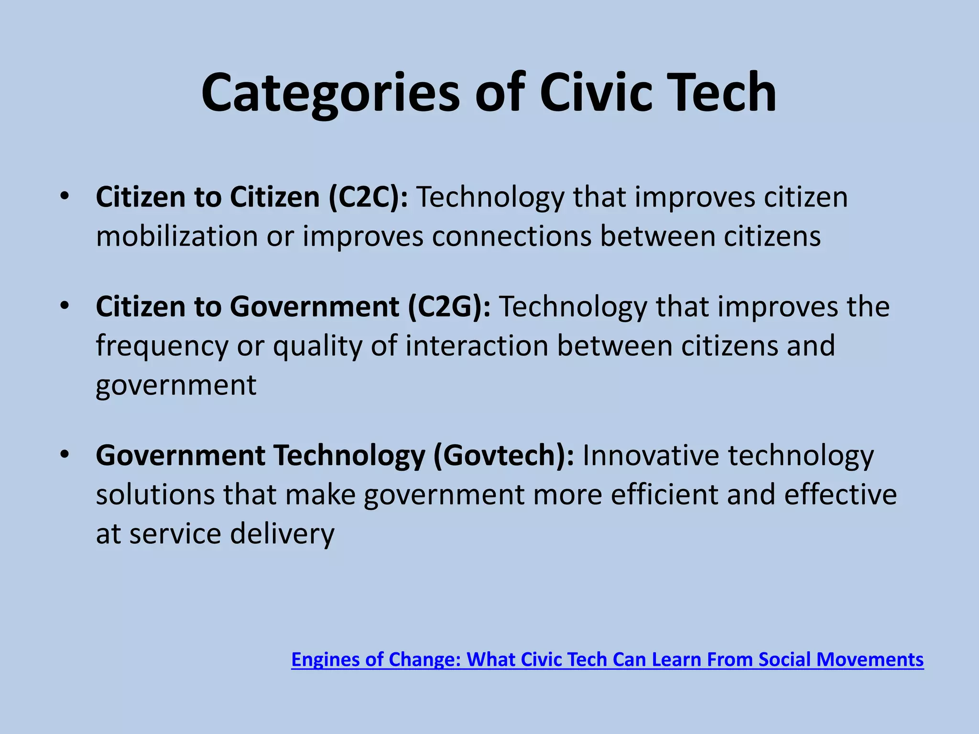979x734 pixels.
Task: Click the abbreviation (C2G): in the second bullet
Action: [449, 306]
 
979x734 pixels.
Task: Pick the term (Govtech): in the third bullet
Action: [503, 455]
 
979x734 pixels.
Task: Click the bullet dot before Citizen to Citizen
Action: [65, 196]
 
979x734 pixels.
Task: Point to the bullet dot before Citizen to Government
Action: [65, 305]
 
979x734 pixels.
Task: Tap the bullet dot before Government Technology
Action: [65, 454]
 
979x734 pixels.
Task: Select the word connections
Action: [511, 236]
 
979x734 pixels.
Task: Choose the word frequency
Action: [162, 346]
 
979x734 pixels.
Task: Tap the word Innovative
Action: [650, 455]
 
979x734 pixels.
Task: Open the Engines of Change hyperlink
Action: [607, 659]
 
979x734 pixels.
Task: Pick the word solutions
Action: [155, 495]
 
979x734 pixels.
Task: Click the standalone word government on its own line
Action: [176, 386]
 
